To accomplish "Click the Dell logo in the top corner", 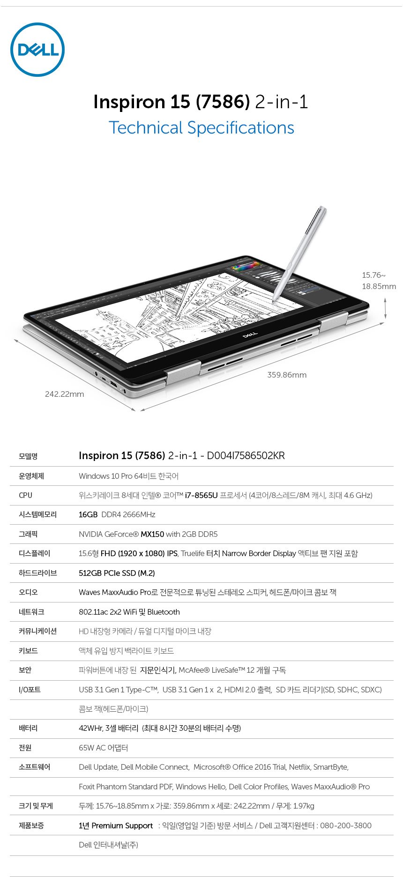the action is pos(37,50).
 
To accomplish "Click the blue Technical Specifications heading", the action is pos(201,128).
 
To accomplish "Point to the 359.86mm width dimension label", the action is pos(287,375).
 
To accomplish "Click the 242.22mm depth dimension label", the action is pos(65,394).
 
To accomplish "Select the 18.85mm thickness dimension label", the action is pos(379,286).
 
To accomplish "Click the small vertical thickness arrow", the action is pos(385,309).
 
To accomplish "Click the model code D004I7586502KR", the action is pos(246,456).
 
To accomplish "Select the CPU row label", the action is pos(26,495).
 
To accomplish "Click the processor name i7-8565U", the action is pos(201,495).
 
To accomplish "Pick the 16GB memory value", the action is pos(88,514).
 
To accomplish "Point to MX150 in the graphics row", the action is pos(152,534).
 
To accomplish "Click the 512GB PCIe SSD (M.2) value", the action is pos(117,573).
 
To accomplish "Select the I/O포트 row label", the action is pos(30,690).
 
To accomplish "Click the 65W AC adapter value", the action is pos(104,748).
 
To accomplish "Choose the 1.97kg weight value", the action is pos(304,806).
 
